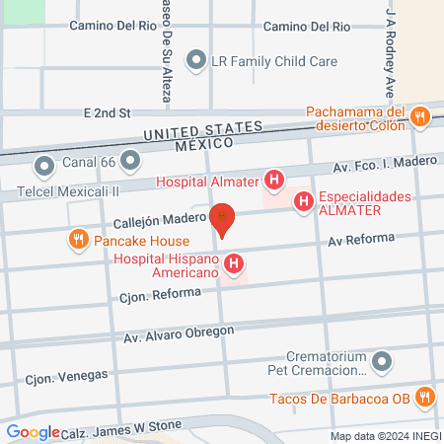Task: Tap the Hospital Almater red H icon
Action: (x=275, y=181)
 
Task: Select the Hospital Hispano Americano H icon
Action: (x=234, y=263)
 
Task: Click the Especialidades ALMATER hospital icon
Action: (x=304, y=202)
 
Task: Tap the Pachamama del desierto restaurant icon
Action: (x=419, y=116)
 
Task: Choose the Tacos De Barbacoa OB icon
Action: (x=424, y=398)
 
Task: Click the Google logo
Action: (x=33, y=431)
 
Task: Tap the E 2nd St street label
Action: (x=109, y=114)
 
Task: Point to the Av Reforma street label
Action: (x=361, y=240)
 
